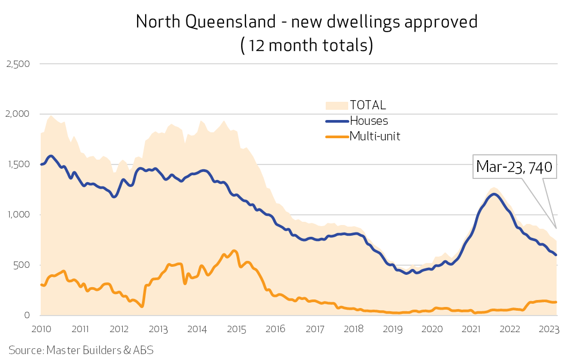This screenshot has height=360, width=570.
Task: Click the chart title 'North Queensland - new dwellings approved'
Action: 306,21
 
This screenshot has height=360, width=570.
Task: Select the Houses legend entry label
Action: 369,121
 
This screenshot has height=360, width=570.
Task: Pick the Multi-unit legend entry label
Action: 375,136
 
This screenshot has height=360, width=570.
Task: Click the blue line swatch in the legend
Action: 336,121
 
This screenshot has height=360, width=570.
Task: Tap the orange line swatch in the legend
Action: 336,137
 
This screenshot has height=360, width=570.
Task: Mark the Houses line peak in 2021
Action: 494,194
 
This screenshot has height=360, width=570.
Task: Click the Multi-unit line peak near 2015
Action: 234,251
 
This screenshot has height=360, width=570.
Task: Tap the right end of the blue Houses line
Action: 556,255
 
